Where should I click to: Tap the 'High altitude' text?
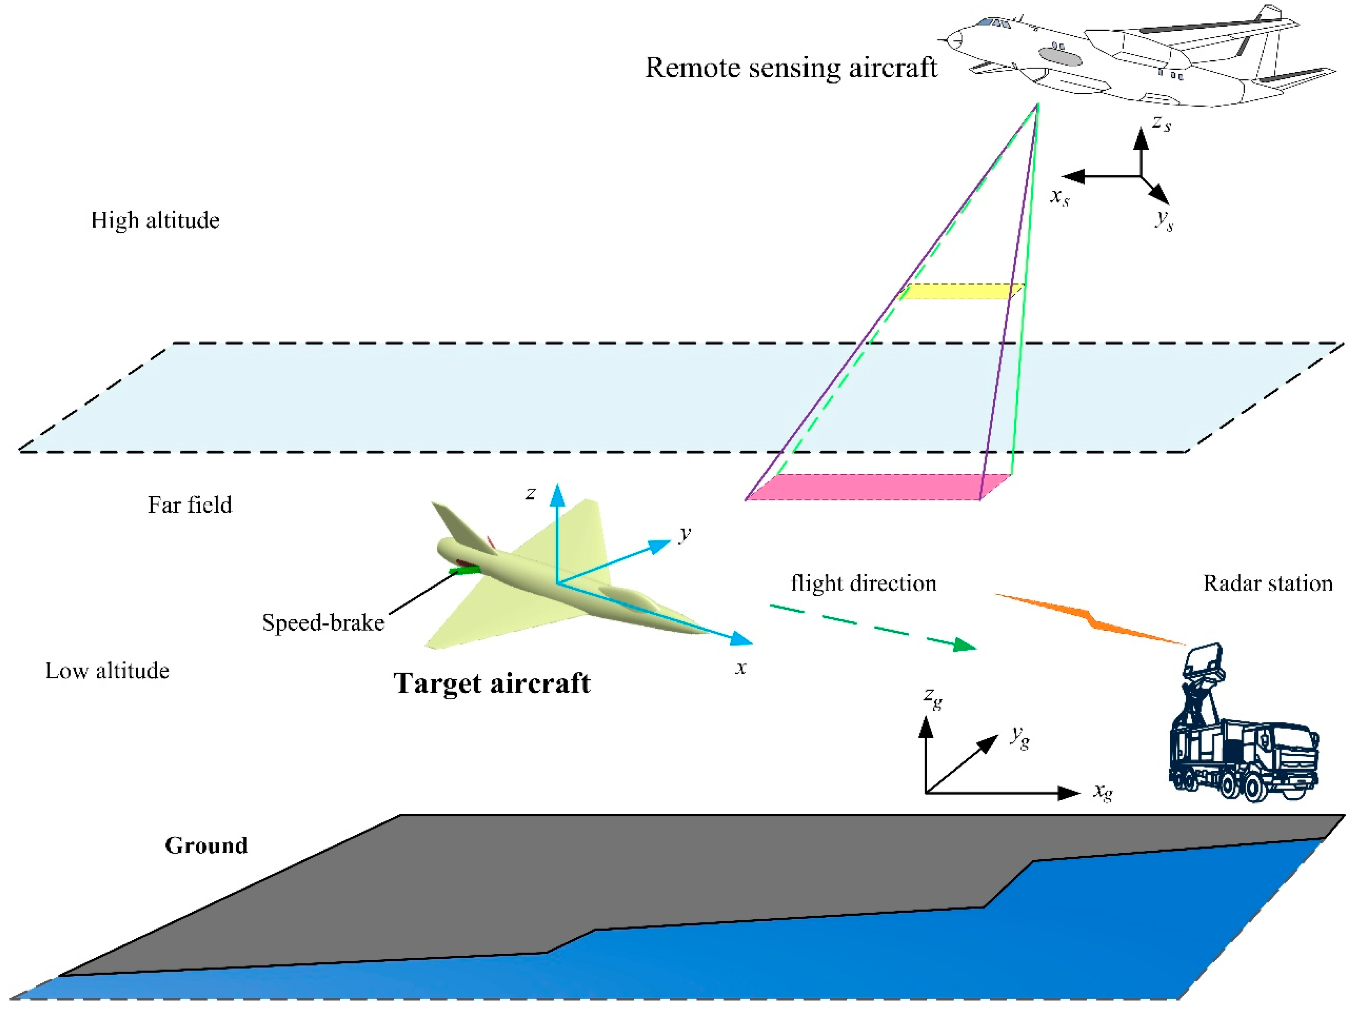pos(155,220)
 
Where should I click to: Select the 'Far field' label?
pos(190,505)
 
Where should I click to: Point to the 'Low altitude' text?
pos(107,671)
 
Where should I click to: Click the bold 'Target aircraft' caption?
pos(492,683)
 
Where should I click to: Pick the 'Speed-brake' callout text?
pos(323,623)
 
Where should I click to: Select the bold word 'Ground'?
pos(206,845)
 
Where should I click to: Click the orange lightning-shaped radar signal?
pos(1090,618)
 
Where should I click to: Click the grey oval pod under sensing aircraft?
pos(1060,57)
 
